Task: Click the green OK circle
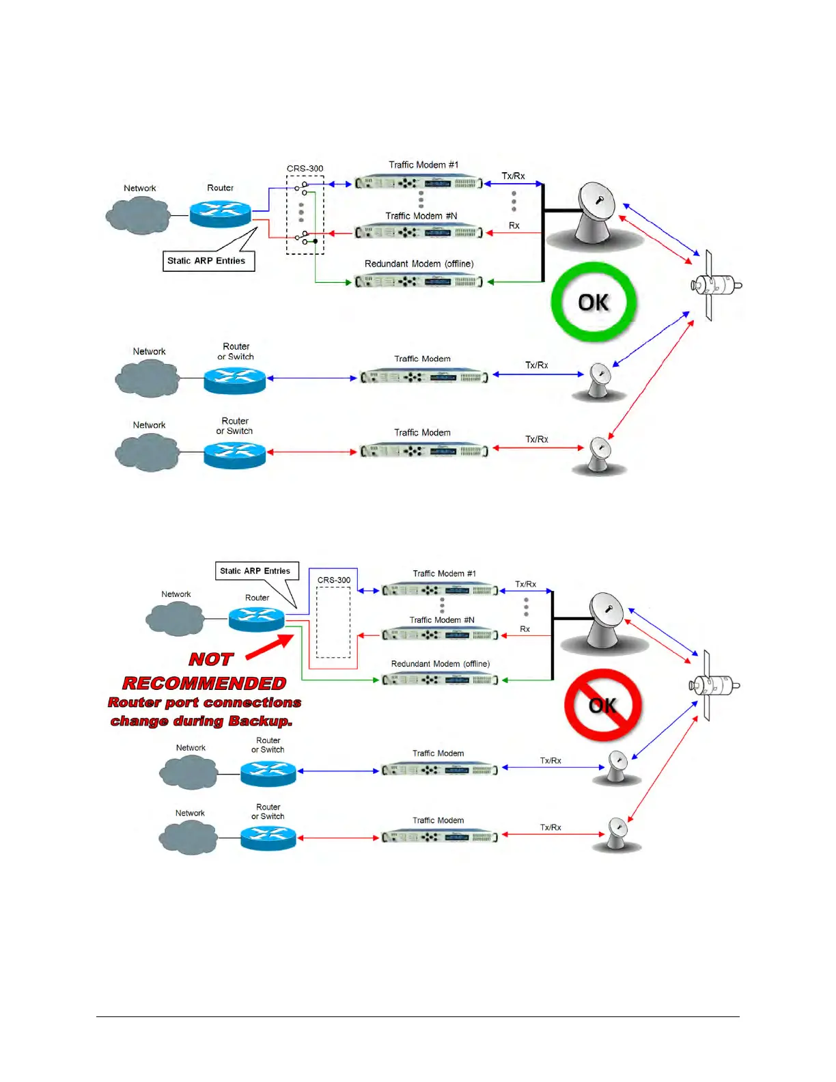(594, 302)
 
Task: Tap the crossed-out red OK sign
(602, 705)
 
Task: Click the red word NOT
(211, 659)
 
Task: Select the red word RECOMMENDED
(204, 683)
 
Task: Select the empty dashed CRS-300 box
(333, 622)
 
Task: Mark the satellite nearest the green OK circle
(714, 284)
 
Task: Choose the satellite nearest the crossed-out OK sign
(713, 684)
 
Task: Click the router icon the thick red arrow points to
(256, 618)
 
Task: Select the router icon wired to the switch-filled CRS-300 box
(220, 213)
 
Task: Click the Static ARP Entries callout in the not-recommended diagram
(255, 571)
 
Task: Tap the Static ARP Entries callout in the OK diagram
(206, 261)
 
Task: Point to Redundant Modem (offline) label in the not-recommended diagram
(440, 664)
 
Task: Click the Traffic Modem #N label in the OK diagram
(421, 216)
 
